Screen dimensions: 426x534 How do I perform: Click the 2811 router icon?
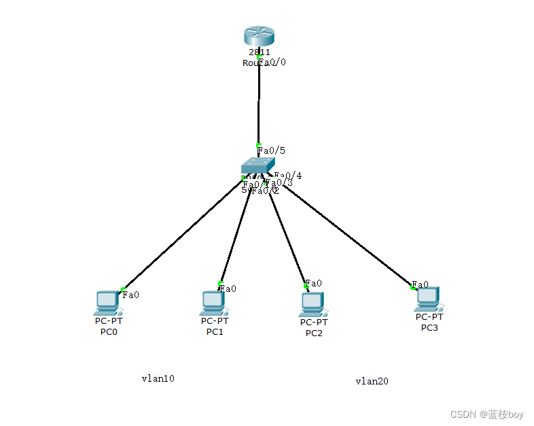[x=258, y=37]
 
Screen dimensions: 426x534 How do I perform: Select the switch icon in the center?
[x=257, y=165]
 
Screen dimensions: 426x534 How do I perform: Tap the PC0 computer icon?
[x=107, y=301]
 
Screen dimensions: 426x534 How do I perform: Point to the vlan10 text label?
[x=158, y=378]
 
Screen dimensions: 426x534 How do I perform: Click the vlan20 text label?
[x=372, y=381]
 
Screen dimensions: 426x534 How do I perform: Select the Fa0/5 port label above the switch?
[x=271, y=150]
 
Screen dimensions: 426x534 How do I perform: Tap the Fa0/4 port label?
[x=289, y=176]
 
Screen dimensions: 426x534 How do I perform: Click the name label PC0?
[x=109, y=332]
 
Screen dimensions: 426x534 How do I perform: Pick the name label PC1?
[x=215, y=332]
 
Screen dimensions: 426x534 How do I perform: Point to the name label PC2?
[x=313, y=333]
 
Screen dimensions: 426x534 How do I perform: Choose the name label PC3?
[x=429, y=328]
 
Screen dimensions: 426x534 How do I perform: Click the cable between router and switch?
[x=258, y=102]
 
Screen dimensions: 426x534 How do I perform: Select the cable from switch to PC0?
[x=183, y=235]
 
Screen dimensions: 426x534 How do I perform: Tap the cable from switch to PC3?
[x=346, y=235]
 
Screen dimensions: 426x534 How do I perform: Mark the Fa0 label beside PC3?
[x=421, y=284]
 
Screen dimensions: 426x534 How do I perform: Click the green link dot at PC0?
[x=123, y=289]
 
